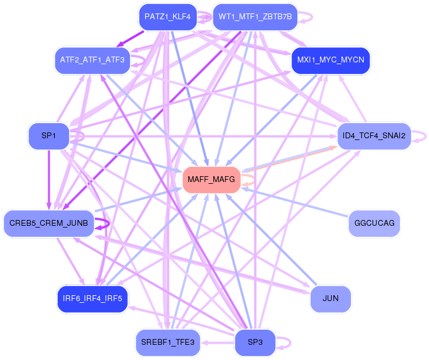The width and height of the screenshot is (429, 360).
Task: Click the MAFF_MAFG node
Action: click(211, 180)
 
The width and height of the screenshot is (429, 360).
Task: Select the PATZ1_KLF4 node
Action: click(167, 17)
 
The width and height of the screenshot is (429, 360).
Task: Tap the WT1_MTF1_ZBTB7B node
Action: click(255, 17)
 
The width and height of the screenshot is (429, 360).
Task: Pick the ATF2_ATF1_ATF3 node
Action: click(92, 60)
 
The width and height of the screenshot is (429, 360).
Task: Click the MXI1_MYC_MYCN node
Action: click(330, 60)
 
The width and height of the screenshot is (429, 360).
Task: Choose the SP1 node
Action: click(49, 136)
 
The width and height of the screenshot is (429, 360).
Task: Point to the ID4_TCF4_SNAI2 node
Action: click(374, 136)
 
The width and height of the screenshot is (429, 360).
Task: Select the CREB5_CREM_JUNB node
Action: click(49, 223)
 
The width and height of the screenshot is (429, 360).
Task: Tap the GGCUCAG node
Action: click(374, 223)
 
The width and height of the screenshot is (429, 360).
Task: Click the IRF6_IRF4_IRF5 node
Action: click(92, 299)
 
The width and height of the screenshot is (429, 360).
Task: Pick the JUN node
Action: click(330, 299)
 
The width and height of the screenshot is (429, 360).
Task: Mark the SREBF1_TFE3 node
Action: click(167, 342)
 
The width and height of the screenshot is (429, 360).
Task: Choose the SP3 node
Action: click(255, 342)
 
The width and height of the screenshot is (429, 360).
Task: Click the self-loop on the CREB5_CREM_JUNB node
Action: click(109, 223)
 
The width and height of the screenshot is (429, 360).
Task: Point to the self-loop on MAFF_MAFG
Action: click(254, 180)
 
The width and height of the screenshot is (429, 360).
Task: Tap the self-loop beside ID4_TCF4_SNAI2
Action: click(426, 136)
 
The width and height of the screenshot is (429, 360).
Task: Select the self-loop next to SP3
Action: click(290, 342)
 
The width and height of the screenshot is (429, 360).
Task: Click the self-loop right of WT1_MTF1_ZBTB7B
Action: click(312, 17)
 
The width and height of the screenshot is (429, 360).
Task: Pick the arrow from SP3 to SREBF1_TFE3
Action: click(217, 342)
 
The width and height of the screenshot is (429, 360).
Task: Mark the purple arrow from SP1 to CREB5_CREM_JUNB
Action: click(49, 180)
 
